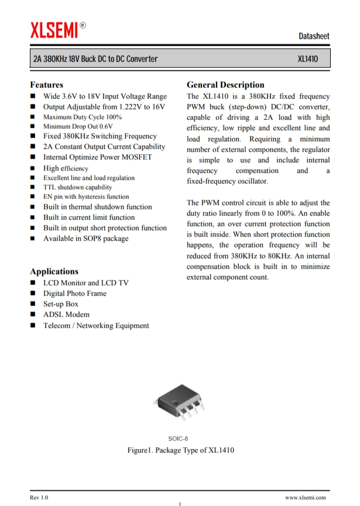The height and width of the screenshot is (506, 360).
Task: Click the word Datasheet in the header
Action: (314, 36)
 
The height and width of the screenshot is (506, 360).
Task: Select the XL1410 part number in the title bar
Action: (308, 60)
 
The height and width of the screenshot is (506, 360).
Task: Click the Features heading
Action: (47, 85)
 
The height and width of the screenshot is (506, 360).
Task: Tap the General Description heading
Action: (225, 85)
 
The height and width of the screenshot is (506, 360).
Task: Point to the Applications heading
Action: (54, 271)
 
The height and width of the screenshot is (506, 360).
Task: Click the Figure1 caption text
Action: (181, 451)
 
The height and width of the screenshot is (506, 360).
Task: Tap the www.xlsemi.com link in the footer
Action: (307, 497)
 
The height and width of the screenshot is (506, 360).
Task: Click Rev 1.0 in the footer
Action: (39, 497)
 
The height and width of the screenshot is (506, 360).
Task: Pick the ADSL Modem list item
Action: (66, 315)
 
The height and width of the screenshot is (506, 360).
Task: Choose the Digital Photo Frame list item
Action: (75, 294)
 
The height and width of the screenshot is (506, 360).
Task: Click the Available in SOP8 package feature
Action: (85, 239)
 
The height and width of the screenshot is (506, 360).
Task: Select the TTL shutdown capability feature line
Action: (78, 187)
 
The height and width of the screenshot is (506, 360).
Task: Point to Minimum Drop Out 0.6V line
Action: (78, 126)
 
